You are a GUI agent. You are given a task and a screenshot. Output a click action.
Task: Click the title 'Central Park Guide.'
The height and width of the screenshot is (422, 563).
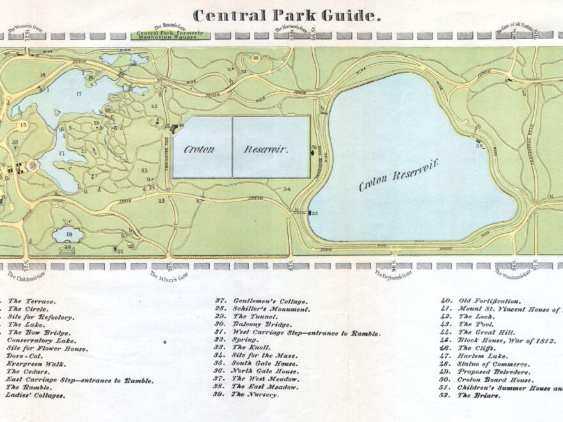click(287, 15)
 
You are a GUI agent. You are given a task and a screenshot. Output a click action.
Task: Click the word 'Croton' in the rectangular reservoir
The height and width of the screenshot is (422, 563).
click(199, 149)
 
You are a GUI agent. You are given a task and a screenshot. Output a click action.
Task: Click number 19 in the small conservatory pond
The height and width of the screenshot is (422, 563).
click(68, 235)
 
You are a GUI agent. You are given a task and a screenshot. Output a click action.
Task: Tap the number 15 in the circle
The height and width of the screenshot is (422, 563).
click(23, 125)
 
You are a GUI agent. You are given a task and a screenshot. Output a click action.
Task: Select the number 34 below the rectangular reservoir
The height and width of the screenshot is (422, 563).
click(287, 189)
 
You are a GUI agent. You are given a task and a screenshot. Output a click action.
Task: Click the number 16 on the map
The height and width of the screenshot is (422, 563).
click(42, 75)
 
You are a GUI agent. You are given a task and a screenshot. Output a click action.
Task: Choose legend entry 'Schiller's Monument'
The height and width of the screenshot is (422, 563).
click(262, 309)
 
